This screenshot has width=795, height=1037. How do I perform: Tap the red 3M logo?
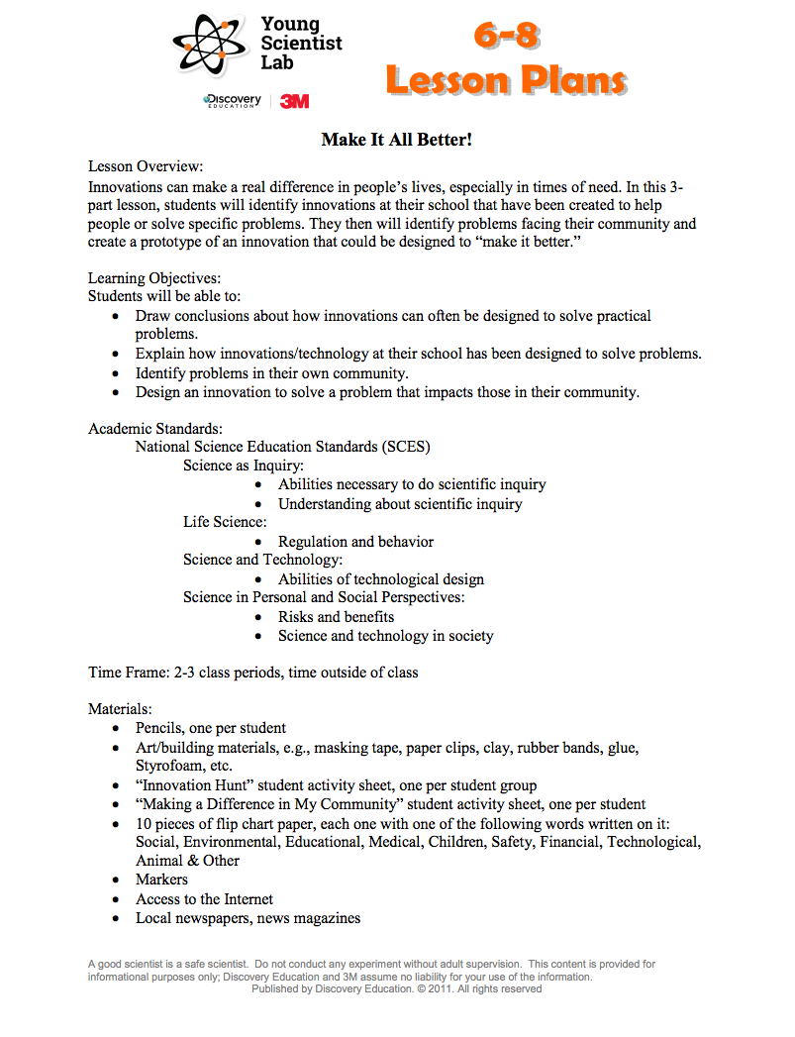coord(295,101)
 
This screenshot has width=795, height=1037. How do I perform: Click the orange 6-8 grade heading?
coord(506,37)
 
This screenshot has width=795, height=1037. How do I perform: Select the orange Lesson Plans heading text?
coord(506,80)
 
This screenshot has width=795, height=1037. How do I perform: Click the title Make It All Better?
coord(396,140)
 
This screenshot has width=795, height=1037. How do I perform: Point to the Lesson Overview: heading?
coord(146,166)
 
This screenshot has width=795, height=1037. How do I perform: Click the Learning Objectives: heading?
coord(154,278)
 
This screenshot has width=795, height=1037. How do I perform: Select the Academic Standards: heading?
coord(155,428)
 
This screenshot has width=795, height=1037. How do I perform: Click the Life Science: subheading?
coord(225,522)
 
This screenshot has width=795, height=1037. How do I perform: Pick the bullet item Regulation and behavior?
coord(355,542)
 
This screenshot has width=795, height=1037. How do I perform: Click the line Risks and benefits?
coord(336,617)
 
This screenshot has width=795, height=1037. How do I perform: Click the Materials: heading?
coord(120,709)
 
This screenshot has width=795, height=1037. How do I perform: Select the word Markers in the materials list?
coord(161,880)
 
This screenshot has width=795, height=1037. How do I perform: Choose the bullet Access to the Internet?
coord(204,899)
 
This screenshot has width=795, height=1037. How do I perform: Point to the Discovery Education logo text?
coord(233,101)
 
